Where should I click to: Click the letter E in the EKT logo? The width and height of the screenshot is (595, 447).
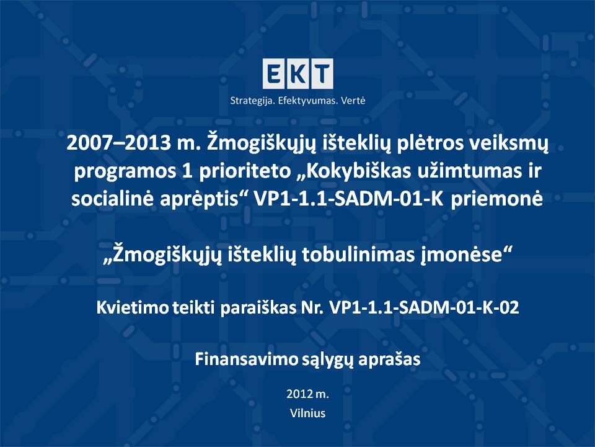coord(273,74)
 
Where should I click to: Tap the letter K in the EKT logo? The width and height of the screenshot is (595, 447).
coord(297,74)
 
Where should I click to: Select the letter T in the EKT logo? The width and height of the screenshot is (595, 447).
coord(322,74)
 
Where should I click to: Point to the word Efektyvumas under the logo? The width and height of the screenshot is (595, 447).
coord(308,101)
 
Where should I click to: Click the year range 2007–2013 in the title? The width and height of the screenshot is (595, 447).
coord(118,143)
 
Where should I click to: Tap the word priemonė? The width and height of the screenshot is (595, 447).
coord(496,199)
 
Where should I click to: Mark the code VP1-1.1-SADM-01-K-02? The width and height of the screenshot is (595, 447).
coord(424,307)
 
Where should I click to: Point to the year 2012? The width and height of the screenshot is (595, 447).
coord(299,394)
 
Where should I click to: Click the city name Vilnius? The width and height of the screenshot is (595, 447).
coord(308,413)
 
